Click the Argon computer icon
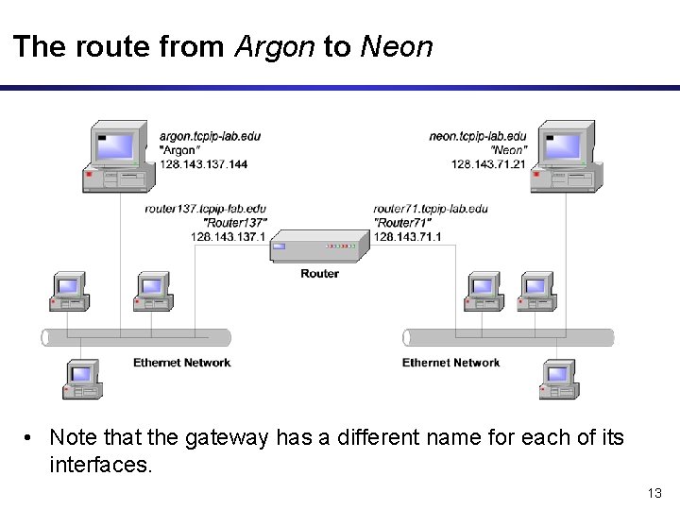(117, 155)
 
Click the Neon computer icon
(566, 155)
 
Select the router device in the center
(318, 247)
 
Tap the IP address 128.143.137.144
(203, 164)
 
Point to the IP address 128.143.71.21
(488, 164)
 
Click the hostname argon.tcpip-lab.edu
(210, 136)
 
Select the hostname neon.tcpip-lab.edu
(478, 136)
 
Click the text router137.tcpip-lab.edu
(206, 209)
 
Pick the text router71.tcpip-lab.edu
(431, 209)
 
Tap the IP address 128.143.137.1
(229, 236)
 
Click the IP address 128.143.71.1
(408, 236)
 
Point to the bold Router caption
(319, 274)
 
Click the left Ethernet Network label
(181, 363)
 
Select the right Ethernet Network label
(450, 363)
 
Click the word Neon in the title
(397, 47)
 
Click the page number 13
(654, 493)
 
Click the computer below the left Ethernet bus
(82, 380)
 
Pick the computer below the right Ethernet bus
(558, 380)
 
